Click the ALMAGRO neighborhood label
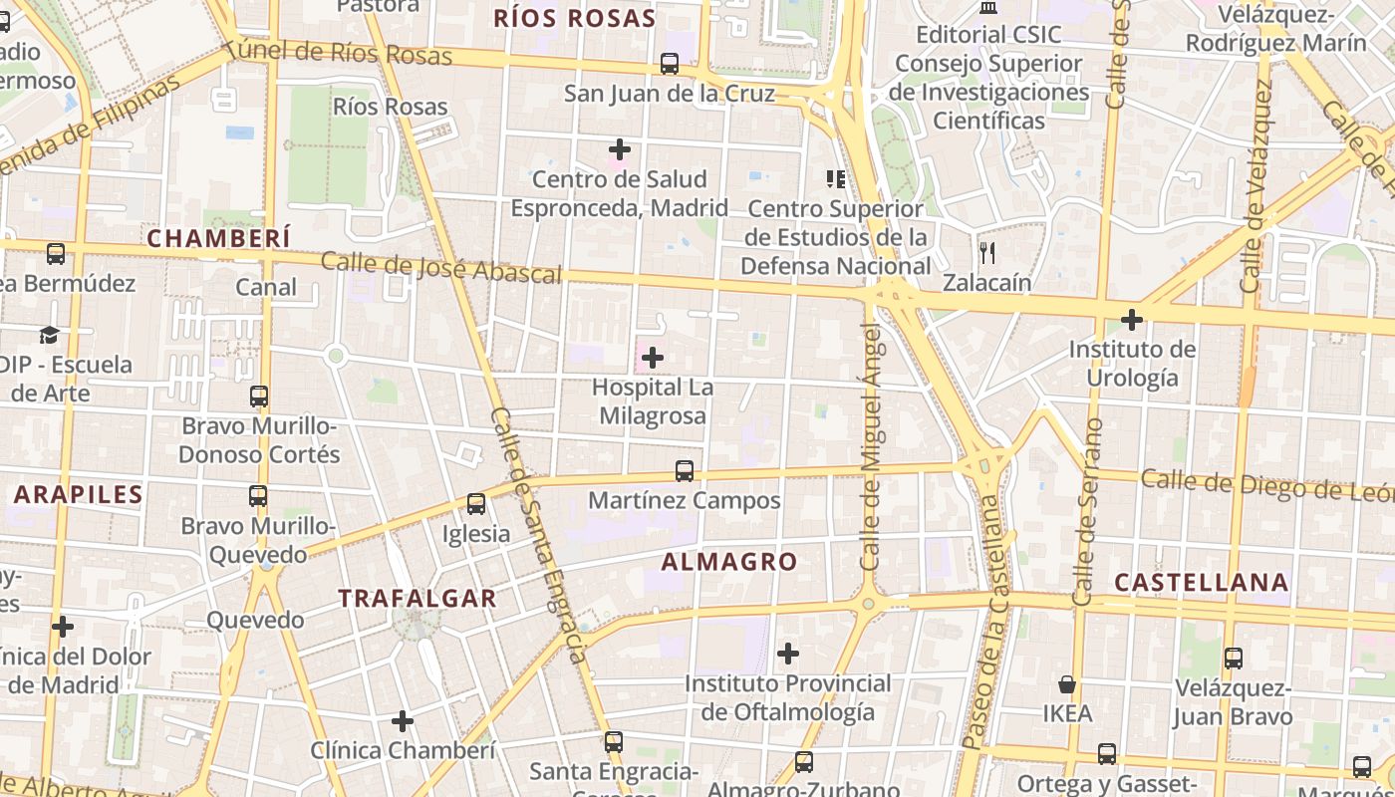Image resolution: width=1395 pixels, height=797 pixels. (729, 562)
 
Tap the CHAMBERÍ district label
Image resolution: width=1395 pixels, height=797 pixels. (219, 238)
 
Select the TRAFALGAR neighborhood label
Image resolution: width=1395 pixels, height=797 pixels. (417, 599)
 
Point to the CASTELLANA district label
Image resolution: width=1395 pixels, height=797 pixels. (1201, 582)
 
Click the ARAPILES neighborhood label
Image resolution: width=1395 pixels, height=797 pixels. (79, 494)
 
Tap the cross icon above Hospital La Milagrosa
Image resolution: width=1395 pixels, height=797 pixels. (653, 357)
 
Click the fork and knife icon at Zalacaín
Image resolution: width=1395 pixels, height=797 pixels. (987, 252)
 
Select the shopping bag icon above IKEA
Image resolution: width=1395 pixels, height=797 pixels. (1067, 684)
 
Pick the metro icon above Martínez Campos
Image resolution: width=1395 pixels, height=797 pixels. (685, 470)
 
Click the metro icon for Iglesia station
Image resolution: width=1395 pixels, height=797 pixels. (476, 504)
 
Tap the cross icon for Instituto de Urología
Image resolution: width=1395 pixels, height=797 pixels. (1132, 320)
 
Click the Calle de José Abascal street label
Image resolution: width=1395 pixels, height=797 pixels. (440, 268)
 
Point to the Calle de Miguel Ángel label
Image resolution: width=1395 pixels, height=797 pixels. (872, 446)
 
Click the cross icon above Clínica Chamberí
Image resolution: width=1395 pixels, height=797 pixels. (403, 720)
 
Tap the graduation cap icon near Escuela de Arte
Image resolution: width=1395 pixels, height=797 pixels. (49, 335)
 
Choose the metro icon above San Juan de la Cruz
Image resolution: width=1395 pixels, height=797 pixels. (670, 64)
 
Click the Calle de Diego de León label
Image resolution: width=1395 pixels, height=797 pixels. (1265, 485)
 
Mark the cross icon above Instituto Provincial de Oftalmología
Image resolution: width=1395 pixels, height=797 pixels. (788, 654)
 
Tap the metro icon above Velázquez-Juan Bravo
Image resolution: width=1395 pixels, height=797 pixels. (1234, 658)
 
